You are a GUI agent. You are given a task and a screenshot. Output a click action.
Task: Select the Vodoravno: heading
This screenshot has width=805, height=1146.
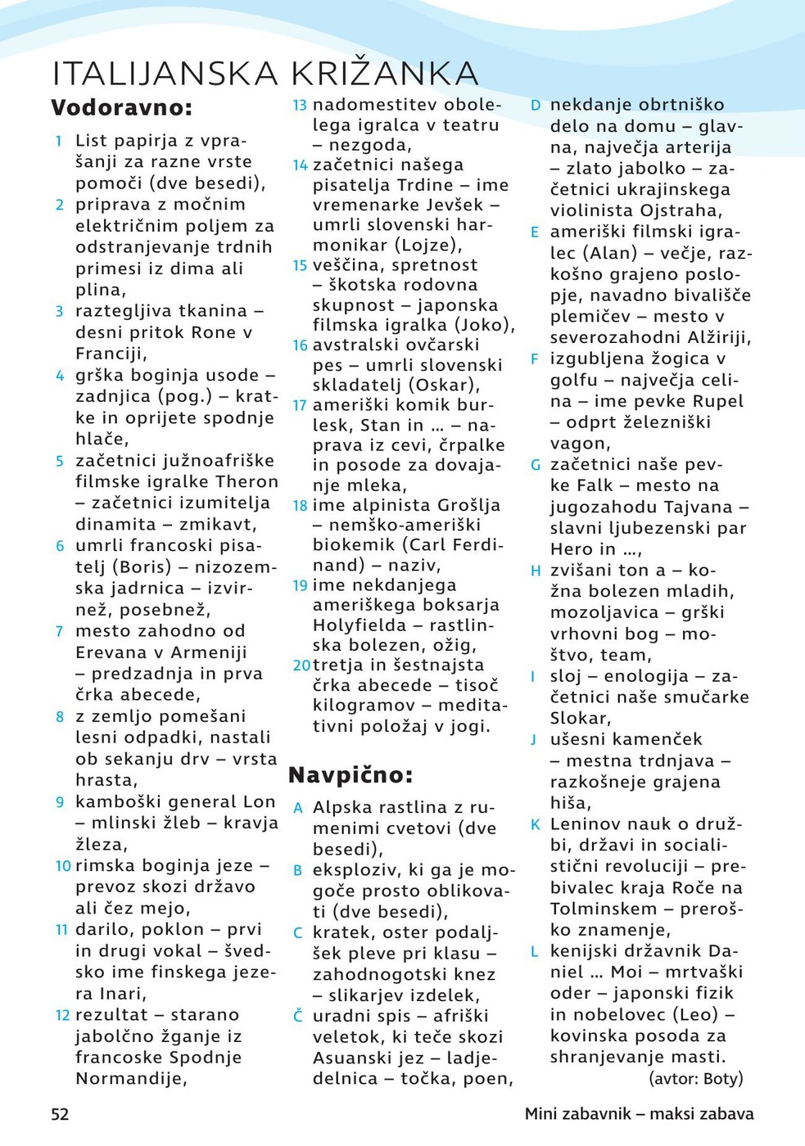tap(122, 108)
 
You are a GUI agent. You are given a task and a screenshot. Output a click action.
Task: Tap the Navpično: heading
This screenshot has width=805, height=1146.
tap(350, 774)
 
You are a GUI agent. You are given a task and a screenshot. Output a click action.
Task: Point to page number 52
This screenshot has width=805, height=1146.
tap(61, 1114)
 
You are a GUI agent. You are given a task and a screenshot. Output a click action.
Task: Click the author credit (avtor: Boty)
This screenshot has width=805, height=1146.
tap(695, 1078)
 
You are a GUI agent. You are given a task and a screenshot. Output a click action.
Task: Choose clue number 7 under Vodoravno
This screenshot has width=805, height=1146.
tap(59, 631)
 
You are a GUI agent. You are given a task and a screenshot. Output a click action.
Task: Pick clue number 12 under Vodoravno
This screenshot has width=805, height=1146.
tap(62, 1015)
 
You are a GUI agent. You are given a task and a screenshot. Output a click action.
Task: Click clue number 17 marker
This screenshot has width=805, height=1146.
tap(300, 405)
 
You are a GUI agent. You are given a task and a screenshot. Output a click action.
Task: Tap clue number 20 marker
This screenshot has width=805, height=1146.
tap(301, 665)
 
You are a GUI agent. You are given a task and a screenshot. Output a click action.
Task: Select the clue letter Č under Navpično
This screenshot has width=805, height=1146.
tap(298, 1016)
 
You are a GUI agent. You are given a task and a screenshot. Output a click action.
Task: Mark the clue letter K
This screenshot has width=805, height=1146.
tap(535, 824)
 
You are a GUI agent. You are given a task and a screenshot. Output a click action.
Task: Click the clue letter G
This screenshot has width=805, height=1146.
tap(535, 465)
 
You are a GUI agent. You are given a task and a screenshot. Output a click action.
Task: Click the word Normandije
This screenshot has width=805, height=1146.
tap(131, 1079)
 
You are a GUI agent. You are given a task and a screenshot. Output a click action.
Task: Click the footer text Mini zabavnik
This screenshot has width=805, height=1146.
tap(577, 1114)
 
